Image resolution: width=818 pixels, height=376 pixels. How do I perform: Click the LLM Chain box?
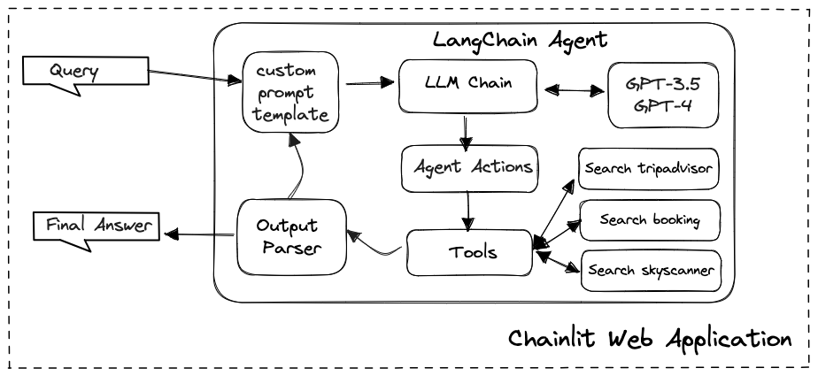[468, 84]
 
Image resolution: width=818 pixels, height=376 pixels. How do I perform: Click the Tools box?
[469, 252]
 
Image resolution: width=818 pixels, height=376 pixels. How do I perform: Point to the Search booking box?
[650, 219]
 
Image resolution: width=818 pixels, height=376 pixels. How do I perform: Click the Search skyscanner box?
[650, 271]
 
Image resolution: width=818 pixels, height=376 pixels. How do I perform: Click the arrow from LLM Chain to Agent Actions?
[463, 130]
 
